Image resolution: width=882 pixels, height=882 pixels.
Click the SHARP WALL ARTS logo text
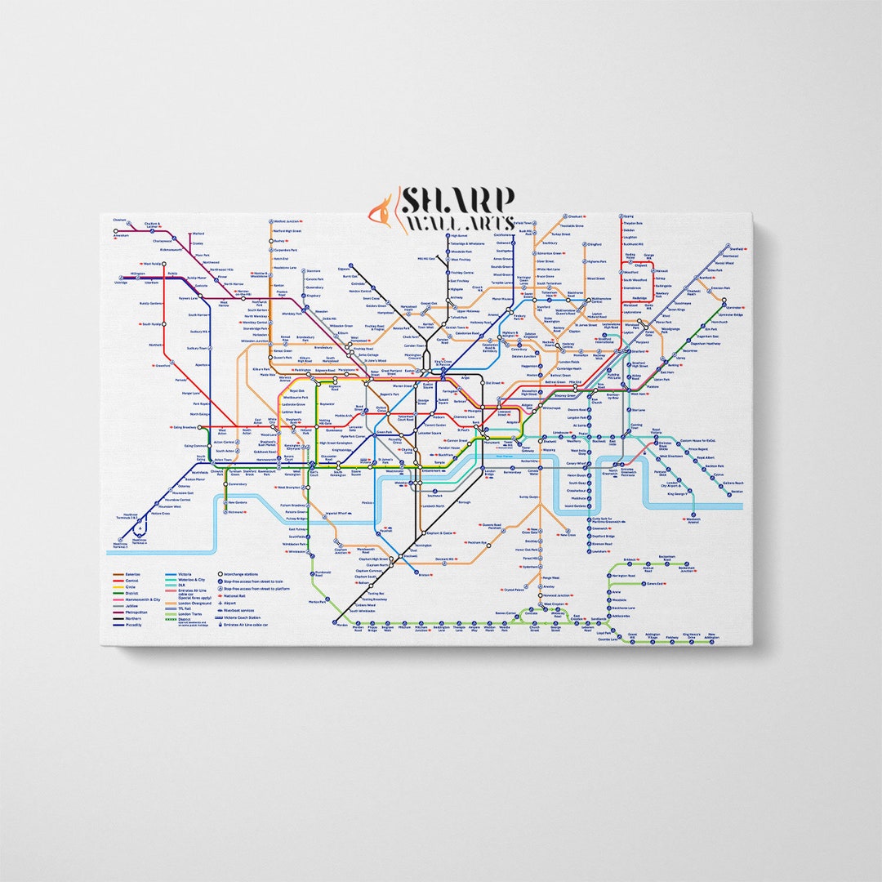point(456,210)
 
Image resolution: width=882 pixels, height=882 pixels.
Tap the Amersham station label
point(122,236)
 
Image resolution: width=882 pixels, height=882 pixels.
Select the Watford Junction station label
point(287,221)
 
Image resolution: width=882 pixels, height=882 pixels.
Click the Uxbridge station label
point(122,283)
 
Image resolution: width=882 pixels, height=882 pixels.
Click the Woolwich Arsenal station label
point(693,520)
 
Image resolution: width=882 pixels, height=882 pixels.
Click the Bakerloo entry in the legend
point(131,574)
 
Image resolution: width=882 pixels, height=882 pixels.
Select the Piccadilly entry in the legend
point(133,626)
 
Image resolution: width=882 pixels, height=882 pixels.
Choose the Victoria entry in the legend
point(185,574)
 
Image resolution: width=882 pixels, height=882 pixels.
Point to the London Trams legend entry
point(190,613)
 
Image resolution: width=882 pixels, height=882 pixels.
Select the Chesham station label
point(120,220)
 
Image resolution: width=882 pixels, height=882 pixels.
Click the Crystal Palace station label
point(513,589)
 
